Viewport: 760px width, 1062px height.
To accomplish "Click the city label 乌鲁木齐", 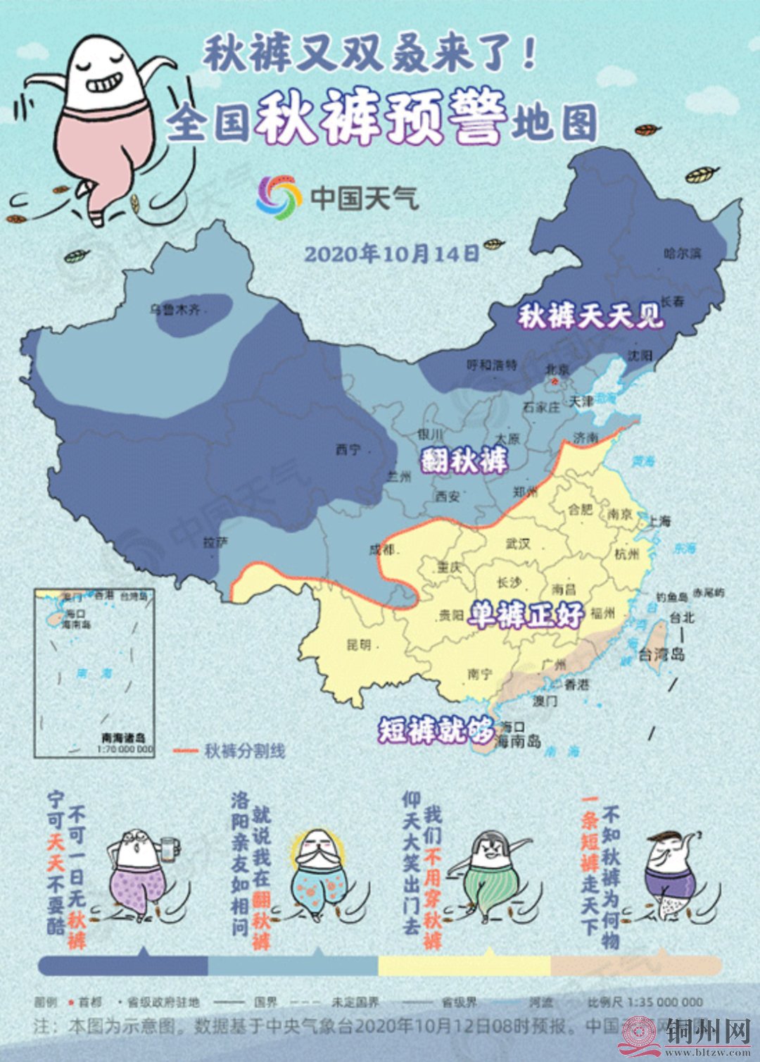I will pos(175,309).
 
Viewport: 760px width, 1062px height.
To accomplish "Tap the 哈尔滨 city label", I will pos(682,254).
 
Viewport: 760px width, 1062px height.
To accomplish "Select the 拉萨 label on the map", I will pos(215,542).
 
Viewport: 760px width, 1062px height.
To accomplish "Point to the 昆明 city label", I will pos(358,644).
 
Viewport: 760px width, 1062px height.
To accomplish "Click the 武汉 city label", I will pos(518,544).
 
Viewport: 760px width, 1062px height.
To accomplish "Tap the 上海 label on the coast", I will pos(659,521).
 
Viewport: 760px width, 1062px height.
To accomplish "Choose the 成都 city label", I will pos(381,550).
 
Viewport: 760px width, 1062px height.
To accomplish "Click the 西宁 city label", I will pos(348,449).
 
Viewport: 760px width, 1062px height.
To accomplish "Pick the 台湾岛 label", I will pos(661,654).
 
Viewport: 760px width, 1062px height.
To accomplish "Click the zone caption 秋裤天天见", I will pos(591,316).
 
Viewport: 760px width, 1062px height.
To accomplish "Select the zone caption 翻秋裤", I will pos(464,461).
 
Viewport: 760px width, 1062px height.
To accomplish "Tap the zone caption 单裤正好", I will pos(526,616).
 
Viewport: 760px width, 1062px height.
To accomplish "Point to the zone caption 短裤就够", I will pos(436,730).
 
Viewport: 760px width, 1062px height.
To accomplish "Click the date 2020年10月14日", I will pos(392,254).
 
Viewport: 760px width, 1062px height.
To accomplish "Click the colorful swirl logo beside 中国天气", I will pos(279,196).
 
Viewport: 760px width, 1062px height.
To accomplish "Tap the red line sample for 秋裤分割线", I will pos(186,751).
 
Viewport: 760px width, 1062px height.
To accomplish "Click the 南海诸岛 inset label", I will pos(124,738).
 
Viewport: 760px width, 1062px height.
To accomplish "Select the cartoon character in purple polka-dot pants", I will pos(139,873).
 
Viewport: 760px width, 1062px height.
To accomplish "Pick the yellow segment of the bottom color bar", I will pos(464,966).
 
